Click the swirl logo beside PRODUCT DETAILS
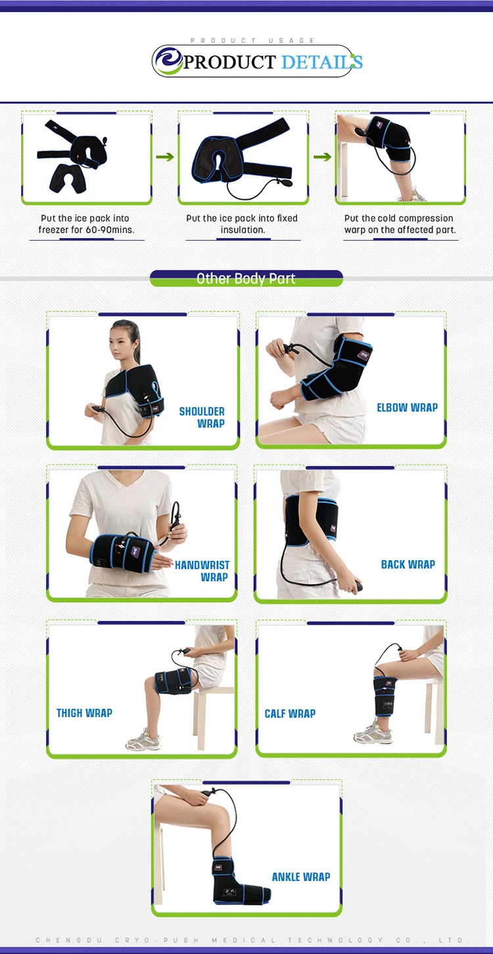(169, 61)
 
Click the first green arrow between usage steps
(165, 156)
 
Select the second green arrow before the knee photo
(322, 156)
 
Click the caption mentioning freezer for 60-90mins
(86, 224)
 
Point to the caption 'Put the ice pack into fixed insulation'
(243, 224)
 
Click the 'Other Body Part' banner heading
(246, 279)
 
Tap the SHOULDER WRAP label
(202, 417)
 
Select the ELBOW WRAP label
(407, 408)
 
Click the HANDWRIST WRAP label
(202, 571)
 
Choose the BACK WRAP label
(408, 564)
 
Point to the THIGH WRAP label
(84, 713)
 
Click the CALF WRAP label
(290, 713)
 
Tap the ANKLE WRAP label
(301, 876)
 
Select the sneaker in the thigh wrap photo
(143, 740)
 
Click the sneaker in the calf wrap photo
(373, 732)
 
